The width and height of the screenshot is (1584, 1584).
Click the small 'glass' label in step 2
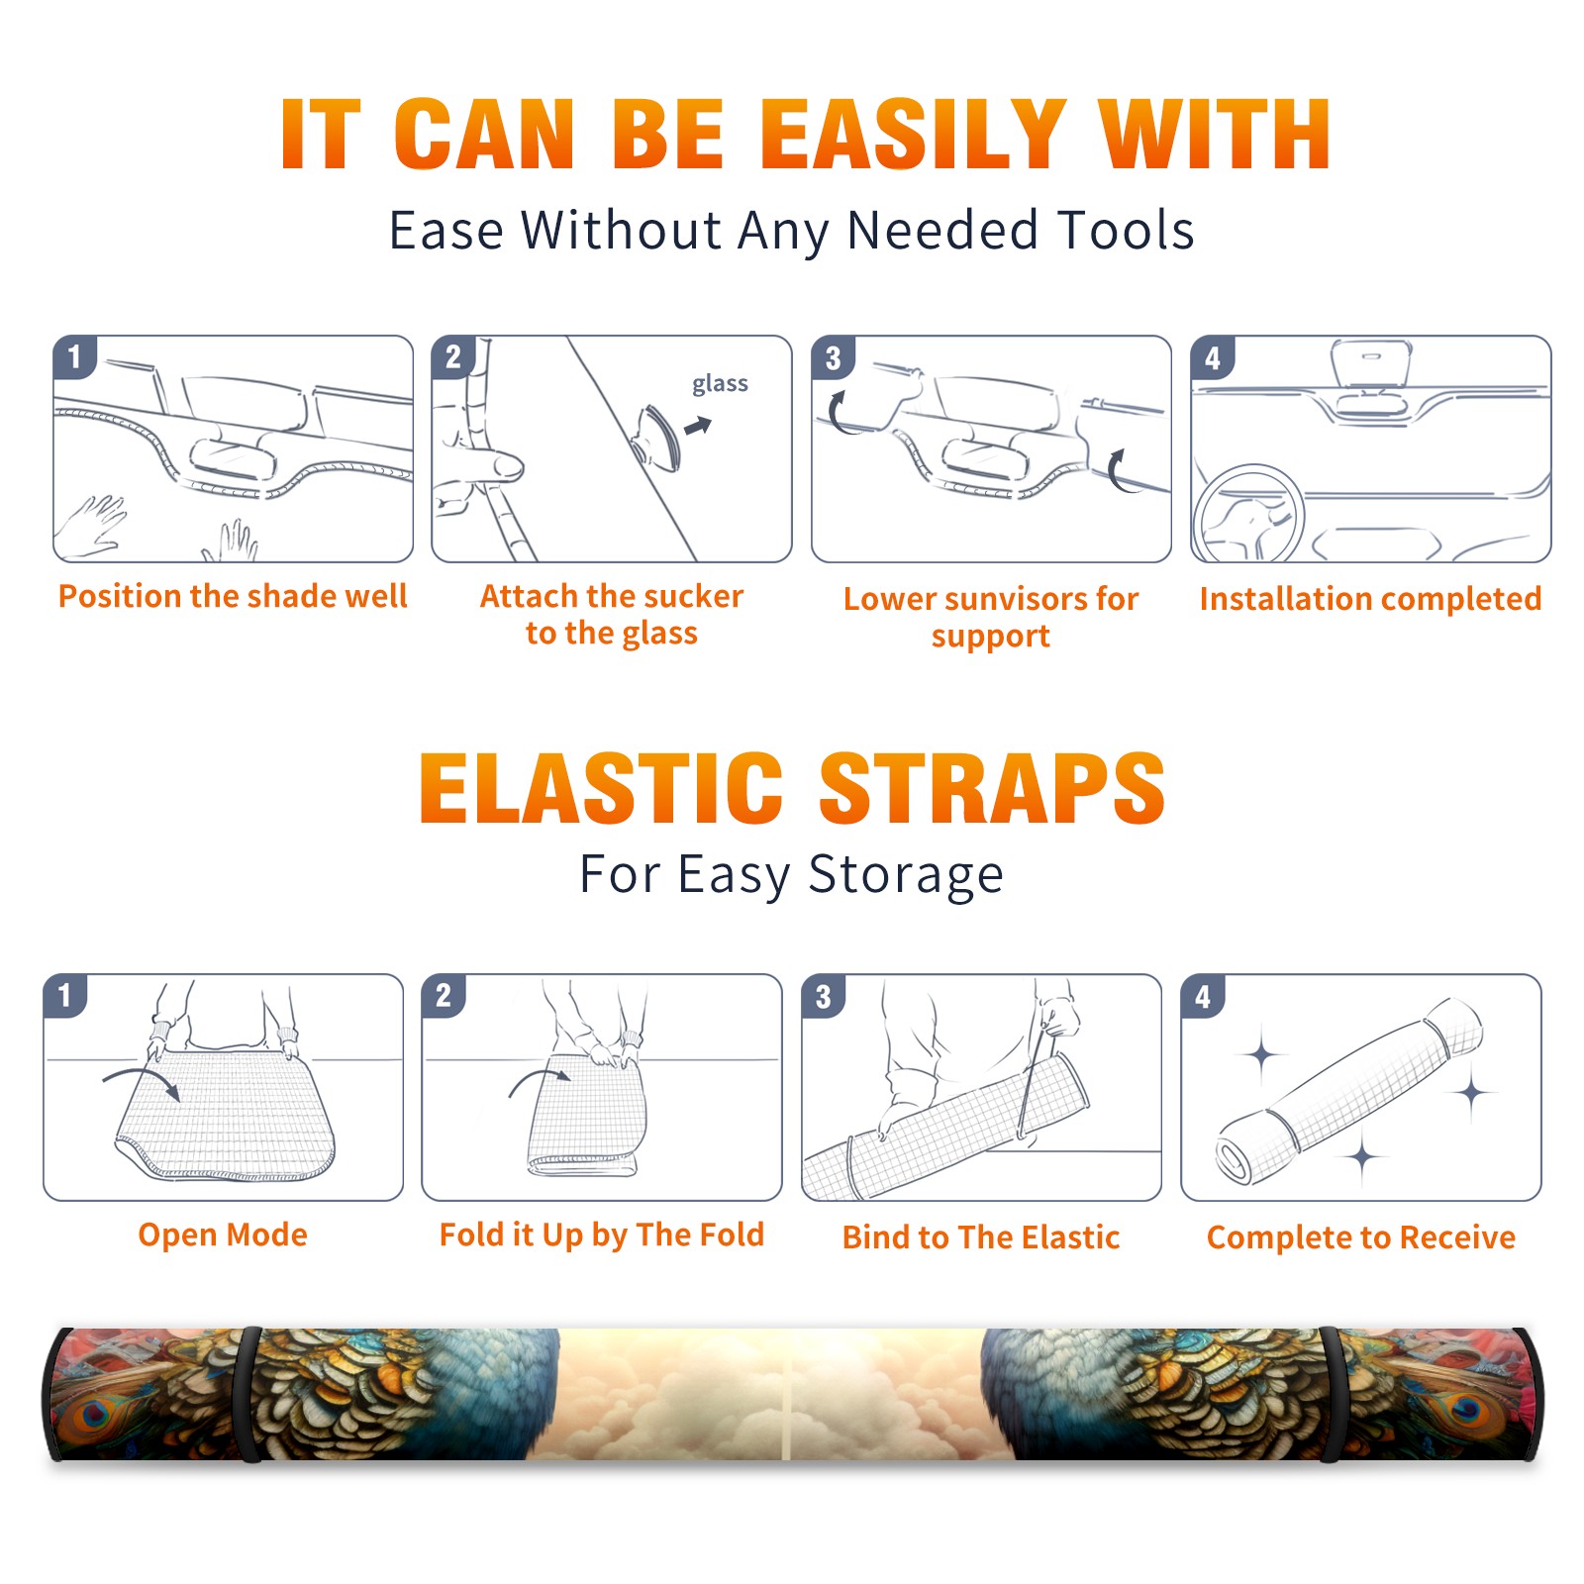(x=720, y=384)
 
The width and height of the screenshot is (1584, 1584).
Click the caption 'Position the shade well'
(x=233, y=596)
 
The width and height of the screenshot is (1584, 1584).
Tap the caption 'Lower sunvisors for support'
(x=991, y=617)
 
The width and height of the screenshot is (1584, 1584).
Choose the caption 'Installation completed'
(x=1370, y=599)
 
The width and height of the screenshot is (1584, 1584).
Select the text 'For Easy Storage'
(x=792, y=875)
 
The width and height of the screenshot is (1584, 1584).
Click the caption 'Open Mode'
(x=223, y=1235)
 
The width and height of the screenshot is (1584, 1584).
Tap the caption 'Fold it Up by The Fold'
(x=602, y=1235)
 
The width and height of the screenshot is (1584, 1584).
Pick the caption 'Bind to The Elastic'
(x=981, y=1237)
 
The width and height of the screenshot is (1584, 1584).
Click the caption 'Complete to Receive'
(x=1361, y=1237)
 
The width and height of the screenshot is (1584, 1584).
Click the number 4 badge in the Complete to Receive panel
(x=1203, y=996)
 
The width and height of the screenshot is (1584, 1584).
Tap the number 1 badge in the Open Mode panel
(x=65, y=995)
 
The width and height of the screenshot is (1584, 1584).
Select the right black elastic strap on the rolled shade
(x=1332, y=1394)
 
